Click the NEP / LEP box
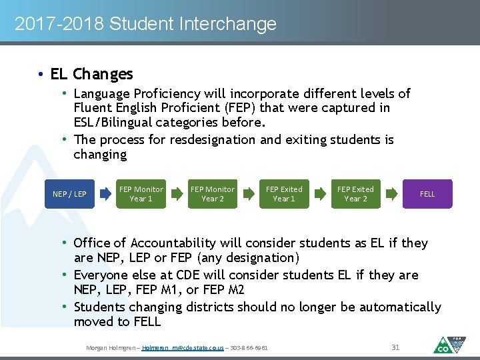(x=70, y=194)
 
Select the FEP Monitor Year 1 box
(x=141, y=194)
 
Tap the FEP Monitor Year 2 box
(x=213, y=194)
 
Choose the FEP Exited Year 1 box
(x=284, y=194)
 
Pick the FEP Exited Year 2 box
(x=355, y=194)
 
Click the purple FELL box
(x=427, y=194)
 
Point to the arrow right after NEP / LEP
(x=106, y=194)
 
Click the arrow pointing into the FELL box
(x=391, y=194)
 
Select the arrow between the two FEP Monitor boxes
(x=177, y=194)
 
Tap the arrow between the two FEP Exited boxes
(x=320, y=194)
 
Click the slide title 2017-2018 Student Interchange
(x=145, y=25)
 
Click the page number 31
(x=395, y=347)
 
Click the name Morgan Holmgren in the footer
(x=111, y=348)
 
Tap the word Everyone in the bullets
(x=102, y=275)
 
